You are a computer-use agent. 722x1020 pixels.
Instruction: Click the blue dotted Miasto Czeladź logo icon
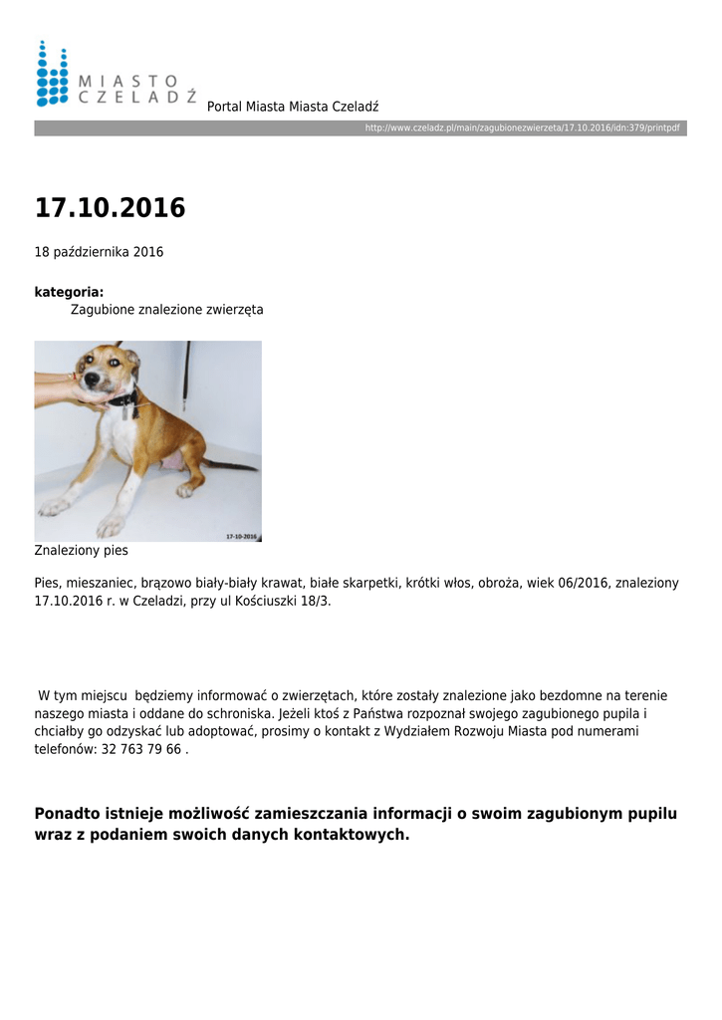[x=52, y=73]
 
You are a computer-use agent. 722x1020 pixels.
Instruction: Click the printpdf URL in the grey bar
[x=522, y=128]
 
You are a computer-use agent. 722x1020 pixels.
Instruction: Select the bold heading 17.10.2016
[x=110, y=208]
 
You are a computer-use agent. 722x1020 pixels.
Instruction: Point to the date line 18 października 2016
[x=99, y=252]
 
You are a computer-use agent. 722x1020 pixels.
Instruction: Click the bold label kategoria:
[x=69, y=292]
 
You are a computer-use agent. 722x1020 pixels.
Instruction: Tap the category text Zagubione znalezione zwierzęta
[x=166, y=310]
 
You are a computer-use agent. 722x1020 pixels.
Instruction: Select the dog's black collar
[x=123, y=399]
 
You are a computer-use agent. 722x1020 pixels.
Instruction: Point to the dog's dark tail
[x=231, y=465]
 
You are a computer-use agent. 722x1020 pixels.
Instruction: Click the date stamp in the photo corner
[x=240, y=537]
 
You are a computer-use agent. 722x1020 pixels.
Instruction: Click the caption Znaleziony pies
[x=81, y=550]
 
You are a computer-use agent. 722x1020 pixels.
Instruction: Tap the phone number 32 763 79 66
[x=140, y=749]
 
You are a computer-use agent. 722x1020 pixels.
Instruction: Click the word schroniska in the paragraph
[x=238, y=714]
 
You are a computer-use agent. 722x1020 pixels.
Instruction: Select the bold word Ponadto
[x=67, y=814]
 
